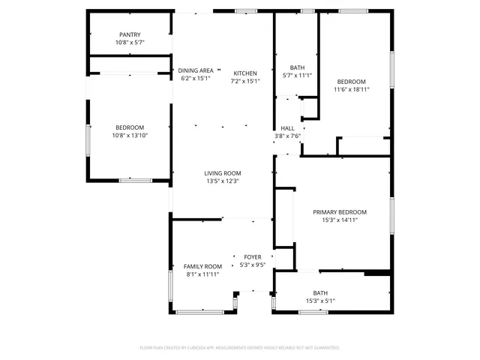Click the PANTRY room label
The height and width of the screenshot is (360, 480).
pos(130,34)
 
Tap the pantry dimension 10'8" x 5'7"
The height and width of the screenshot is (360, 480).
pos(130,43)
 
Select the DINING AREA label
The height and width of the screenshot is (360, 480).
pos(196,70)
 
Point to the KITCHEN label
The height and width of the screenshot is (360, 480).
pos(244,73)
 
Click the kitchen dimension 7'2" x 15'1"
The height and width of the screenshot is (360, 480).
pos(244,81)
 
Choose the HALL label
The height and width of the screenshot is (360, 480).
pos(288,128)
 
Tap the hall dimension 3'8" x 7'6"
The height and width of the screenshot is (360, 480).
pos(288,136)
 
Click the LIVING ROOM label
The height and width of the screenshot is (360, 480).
pos(222,173)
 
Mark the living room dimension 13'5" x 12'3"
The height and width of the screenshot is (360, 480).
pos(222,181)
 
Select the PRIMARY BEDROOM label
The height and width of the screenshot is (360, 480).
pos(340,212)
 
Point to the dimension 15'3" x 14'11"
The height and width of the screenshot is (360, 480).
pos(340,220)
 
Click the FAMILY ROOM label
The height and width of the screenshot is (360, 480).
pos(202,266)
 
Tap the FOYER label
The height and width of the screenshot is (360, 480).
pos(252,256)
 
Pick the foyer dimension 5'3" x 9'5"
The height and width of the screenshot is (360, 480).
pos(252,265)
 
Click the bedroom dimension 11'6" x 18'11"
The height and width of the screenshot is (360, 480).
pos(351,89)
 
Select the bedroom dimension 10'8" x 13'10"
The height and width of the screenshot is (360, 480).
pos(130,136)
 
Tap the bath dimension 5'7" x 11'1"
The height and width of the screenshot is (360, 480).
pos(297,75)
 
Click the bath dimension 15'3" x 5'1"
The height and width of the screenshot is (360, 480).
pos(320,301)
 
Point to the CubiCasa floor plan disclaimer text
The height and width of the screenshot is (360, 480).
pos(240,348)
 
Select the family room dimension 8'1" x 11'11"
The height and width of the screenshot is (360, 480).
pos(202,274)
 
